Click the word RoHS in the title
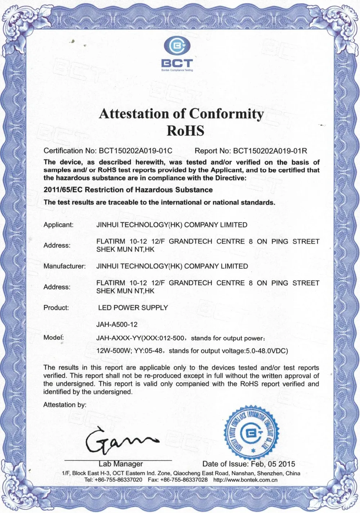click(185, 131)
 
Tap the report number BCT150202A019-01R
click(270, 151)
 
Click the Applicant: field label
click(58, 225)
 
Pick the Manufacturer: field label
click(64, 267)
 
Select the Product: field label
click(56, 308)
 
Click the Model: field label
click(54, 338)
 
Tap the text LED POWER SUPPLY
click(133, 308)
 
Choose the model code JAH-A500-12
click(117, 324)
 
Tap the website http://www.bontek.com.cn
click(246, 480)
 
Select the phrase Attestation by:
click(65, 405)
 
